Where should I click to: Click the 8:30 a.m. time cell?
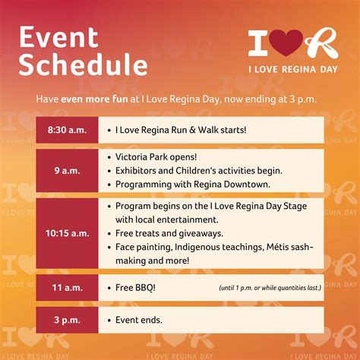pos(67,130)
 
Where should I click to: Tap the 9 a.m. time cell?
pos(67,170)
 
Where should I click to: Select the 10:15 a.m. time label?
pos(68,233)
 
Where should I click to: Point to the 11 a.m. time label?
pos(68,288)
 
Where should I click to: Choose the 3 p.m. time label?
pos(67,320)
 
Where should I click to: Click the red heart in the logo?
pos(286,43)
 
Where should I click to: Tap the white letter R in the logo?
pos(322,43)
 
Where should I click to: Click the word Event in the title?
pos(58,37)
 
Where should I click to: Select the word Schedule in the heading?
pos(83,65)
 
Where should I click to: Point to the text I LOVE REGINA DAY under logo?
pos(293,69)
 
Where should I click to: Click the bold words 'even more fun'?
pos(94,99)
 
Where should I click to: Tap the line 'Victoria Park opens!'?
pos(156,157)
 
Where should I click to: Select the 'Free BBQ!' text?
pos(135,288)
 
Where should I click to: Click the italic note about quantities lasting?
pos(270,288)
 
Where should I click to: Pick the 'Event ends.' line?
pos(139,320)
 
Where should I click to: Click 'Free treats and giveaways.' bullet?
pos(169,233)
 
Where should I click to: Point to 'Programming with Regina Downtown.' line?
pos(193,185)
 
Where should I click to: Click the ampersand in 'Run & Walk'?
pos(192,130)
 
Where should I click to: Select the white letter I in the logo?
pos(257,43)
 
